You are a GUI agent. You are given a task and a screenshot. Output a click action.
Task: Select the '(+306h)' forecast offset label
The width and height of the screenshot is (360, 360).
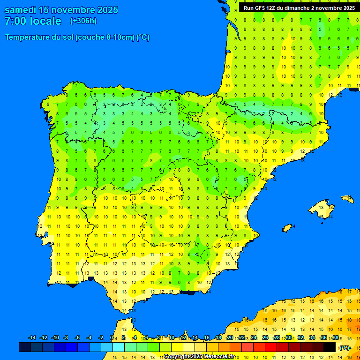(83, 21)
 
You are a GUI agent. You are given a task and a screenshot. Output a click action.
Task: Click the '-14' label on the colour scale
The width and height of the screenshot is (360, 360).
(32, 337)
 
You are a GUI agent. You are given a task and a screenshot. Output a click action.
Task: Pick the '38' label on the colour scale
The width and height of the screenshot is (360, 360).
(335, 337)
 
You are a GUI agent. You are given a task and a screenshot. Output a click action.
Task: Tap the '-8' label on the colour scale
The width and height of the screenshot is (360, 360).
(66, 337)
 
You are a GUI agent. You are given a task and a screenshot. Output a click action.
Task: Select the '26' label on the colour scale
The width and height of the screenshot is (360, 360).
(265, 337)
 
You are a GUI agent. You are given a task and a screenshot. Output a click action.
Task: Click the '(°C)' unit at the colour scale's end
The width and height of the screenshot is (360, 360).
(345, 347)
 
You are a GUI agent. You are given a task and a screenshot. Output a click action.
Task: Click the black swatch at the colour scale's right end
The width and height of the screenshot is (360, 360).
(330, 347)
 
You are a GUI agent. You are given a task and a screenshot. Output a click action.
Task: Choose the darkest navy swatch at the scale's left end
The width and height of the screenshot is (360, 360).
(24, 347)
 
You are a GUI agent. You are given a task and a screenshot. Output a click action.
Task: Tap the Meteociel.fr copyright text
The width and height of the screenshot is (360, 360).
(199, 357)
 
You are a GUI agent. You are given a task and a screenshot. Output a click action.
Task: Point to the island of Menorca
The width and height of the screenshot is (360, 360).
(347, 199)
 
